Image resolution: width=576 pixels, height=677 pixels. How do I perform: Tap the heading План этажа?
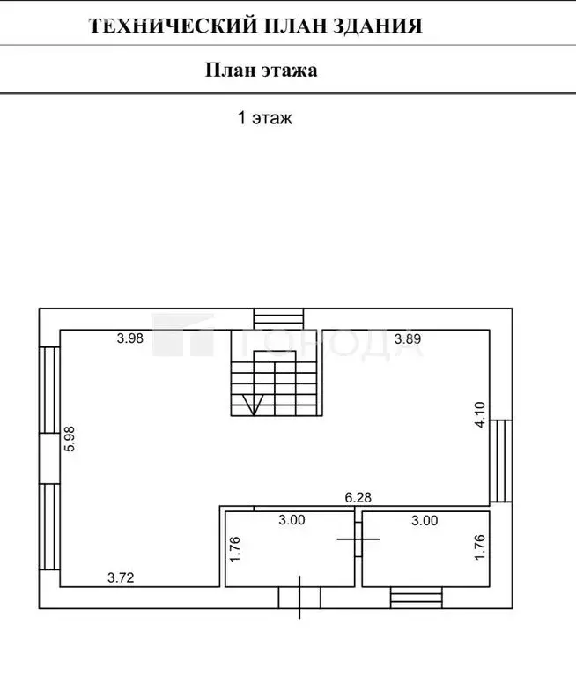[262, 71]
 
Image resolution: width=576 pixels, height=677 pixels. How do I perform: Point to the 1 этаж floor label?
[264, 118]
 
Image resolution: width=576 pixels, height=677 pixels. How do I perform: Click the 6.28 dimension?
[358, 498]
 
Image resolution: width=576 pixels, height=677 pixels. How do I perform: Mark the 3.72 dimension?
[122, 578]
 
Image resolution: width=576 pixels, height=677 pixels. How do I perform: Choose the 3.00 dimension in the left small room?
[292, 520]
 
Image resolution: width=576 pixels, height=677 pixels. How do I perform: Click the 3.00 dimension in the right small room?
[425, 520]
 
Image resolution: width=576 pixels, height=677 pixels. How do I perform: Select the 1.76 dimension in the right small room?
[480, 548]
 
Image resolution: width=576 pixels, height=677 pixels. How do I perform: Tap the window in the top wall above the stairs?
[277, 318]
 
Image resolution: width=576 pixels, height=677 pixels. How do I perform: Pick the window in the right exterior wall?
[500, 460]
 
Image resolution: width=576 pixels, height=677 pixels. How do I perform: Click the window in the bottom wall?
[417, 599]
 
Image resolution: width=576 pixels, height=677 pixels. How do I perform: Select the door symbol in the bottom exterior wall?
[299, 598]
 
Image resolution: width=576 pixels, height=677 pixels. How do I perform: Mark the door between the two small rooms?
[359, 537]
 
